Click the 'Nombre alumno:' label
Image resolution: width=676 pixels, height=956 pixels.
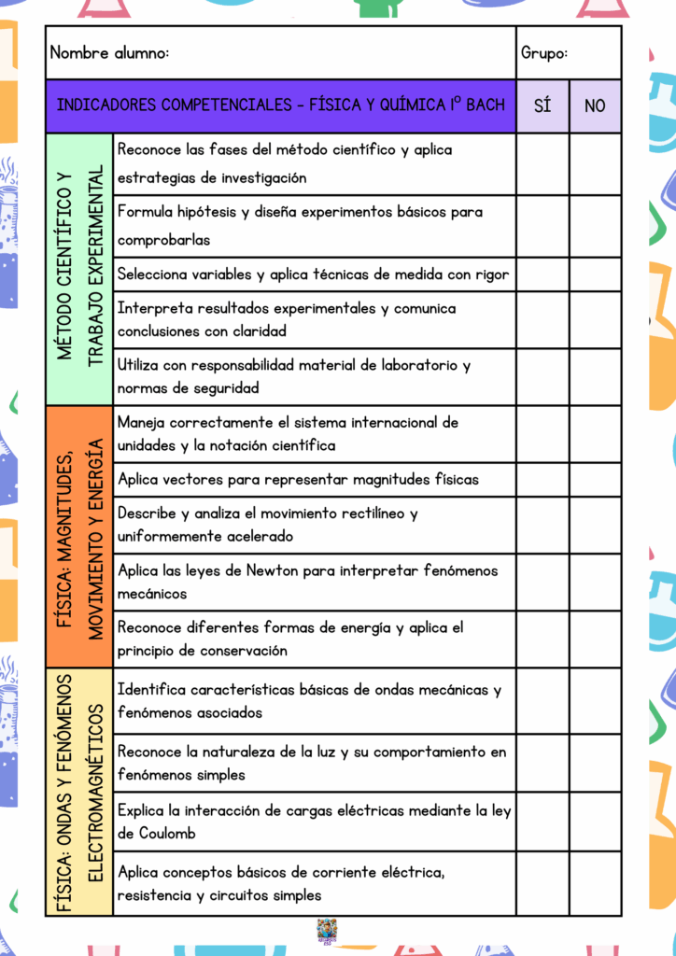[110, 53]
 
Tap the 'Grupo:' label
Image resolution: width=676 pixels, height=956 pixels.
[543, 53]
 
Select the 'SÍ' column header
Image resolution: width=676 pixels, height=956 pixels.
[542, 105]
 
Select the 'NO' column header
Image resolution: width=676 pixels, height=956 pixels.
[595, 105]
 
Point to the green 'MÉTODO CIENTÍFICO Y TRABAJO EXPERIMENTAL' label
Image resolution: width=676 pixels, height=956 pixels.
[79, 269]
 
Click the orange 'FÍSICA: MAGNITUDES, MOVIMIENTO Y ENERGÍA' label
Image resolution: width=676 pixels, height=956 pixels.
[79, 537]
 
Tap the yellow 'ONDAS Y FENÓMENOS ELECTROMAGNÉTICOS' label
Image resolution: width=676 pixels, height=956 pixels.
[79, 792]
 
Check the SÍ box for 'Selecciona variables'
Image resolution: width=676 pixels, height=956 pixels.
[542, 274]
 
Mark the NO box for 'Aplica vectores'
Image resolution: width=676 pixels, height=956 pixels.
[595, 480]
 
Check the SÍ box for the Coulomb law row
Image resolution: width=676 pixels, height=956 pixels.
[542, 822]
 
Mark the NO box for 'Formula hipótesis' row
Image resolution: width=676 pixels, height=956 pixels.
[595, 226]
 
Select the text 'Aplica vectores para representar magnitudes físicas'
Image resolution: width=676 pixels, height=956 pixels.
[298, 480]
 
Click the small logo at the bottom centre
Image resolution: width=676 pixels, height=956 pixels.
[327, 931]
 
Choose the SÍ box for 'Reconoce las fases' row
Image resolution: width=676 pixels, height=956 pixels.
[542, 164]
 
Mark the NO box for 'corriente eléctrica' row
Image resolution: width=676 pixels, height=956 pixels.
[595, 883]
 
